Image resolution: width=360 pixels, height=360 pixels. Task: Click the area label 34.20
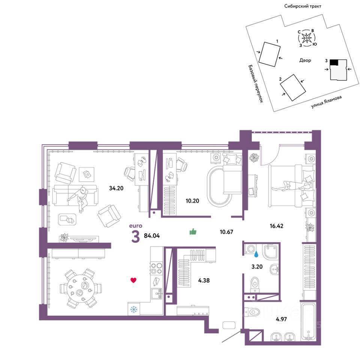(116, 188)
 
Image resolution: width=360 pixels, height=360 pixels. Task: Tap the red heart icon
(133, 280)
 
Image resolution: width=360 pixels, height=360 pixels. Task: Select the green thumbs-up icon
(193, 232)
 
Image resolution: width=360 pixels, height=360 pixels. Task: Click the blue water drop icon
(256, 254)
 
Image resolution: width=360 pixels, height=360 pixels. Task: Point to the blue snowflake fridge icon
(133, 310)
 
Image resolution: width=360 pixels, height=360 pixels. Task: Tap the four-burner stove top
(156, 268)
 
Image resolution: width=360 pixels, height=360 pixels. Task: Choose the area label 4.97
(281, 319)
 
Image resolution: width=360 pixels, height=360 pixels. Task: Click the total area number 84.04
(152, 235)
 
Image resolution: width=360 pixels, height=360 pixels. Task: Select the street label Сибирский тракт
(303, 6)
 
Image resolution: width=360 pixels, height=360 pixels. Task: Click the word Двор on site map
(305, 60)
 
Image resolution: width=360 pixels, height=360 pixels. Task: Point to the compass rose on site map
(307, 37)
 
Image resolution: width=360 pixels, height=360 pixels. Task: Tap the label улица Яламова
(326, 102)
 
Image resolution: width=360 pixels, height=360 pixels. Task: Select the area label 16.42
(277, 226)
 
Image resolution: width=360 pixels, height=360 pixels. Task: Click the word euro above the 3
(136, 226)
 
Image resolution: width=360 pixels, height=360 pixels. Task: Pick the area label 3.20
(257, 267)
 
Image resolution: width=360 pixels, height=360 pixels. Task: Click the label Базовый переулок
(256, 84)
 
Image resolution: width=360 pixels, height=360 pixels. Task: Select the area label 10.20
(192, 201)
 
